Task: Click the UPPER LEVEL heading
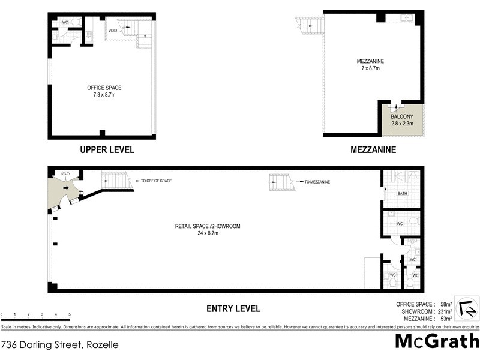pos(108,149)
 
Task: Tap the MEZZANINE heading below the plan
pos(373,149)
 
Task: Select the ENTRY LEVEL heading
pos(233,308)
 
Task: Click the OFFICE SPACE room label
pos(104,88)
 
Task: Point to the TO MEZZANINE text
pos(317,182)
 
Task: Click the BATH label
pos(403,194)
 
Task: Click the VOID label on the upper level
pos(113,30)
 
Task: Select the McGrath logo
pos(437,341)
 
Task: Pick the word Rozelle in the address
pos(103,345)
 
